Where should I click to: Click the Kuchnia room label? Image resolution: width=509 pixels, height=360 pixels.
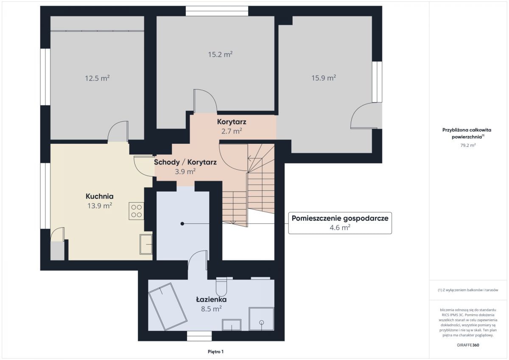tap(100, 196)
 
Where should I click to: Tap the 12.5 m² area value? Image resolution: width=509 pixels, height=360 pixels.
tap(97, 78)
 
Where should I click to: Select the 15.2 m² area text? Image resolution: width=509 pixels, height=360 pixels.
tap(220, 54)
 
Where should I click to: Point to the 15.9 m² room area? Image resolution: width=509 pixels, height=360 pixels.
tap(324, 78)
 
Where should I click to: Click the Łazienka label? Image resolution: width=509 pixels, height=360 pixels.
tap(211, 299)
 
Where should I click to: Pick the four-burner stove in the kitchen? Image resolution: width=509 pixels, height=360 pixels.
tap(136, 211)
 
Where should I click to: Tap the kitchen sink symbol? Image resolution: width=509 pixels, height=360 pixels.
tap(146, 244)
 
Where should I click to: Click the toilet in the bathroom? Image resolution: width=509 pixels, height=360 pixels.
tap(221, 287)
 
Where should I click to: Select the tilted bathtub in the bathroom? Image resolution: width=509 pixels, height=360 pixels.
tap(168, 307)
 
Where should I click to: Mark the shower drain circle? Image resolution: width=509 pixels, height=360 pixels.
tap(262, 322)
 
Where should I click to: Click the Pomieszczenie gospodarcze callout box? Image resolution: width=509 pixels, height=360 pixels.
tap(340, 223)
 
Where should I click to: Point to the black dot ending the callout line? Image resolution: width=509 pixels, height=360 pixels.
tap(182, 224)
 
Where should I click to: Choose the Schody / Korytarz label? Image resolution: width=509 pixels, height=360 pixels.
tap(185, 162)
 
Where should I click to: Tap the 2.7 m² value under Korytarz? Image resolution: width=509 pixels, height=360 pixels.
tap(232, 131)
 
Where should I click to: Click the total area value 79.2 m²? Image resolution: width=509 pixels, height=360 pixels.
tap(468, 145)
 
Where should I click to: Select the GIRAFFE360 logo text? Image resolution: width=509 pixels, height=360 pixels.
tap(468, 345)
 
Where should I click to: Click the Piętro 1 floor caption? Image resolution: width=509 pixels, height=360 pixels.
tap(215, 352)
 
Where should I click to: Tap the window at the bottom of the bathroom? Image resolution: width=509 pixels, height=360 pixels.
tap(199, 336)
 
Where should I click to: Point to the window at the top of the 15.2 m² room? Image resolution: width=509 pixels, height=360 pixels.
tap(217, 11)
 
